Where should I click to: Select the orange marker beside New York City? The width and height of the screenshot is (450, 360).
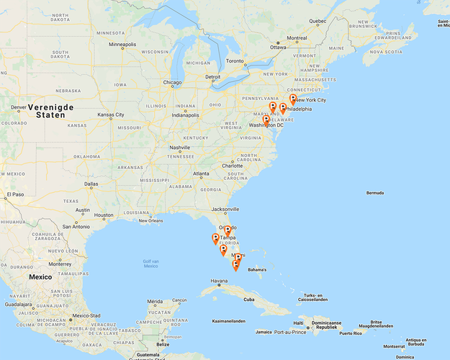292,99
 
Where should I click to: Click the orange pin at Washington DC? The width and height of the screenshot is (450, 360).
266,121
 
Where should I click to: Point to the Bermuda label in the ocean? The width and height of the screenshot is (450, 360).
375,193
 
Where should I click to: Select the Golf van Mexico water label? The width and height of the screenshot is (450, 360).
150,264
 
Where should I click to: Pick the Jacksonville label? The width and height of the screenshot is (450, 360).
225,210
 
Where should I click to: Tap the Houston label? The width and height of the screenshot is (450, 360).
103,215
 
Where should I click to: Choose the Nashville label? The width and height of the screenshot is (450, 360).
179,148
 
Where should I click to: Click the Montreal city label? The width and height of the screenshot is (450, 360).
297,38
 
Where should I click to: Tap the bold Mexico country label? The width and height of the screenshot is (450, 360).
40,276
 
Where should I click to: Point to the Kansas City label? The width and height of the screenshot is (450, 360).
111,114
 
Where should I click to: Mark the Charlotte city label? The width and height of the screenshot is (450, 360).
233,166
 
